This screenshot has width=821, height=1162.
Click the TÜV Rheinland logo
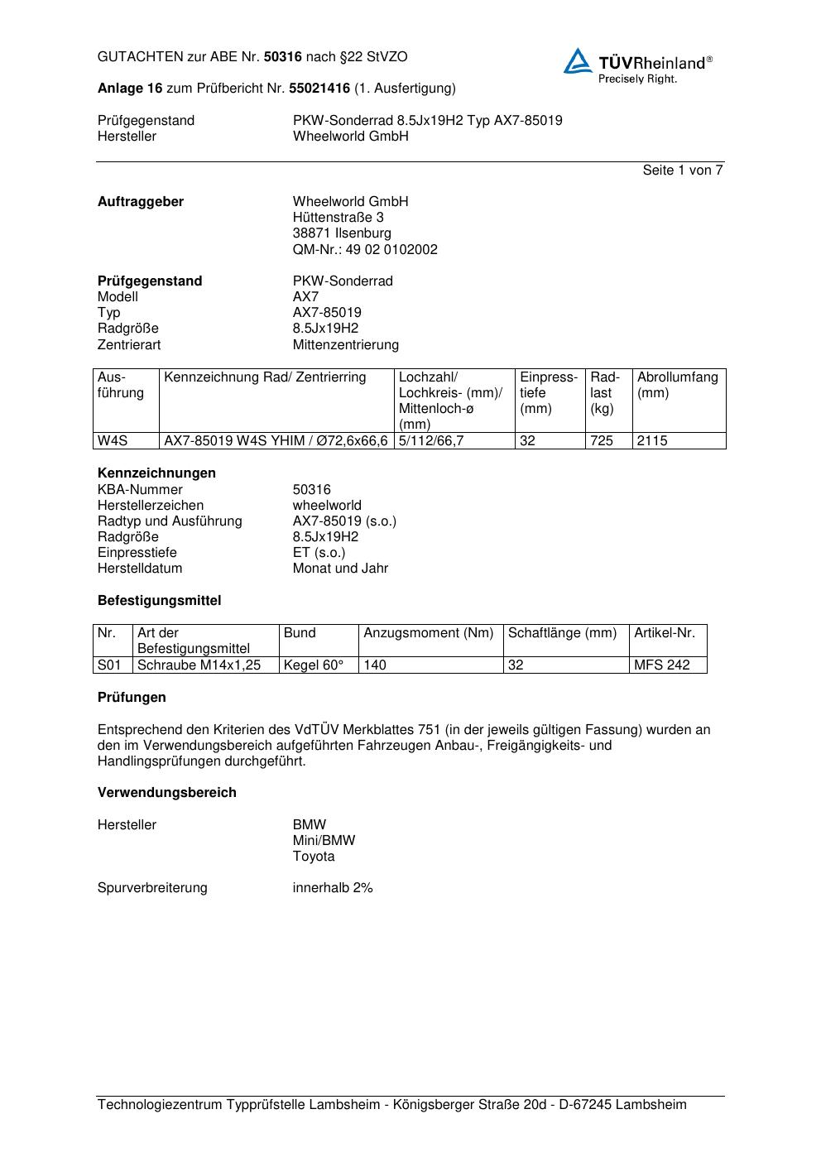(637, 65)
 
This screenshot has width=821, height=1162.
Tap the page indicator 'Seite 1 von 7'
(683, 170)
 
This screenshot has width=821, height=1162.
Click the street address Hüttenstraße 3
(338, 217)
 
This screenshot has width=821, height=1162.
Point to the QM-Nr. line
(365, 249)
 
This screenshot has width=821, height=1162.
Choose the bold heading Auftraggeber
(141, 201)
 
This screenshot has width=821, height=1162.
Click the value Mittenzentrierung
(345, 344)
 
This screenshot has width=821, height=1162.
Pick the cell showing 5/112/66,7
(431, 440)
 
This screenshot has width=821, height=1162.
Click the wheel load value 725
(602, 440)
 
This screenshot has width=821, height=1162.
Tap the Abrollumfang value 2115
(652, 440)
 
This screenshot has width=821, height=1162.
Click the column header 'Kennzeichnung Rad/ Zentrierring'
(265, 377)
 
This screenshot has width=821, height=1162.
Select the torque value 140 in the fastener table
(375, 665)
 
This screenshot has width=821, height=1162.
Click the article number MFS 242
(661, 665)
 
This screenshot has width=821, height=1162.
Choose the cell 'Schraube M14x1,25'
(199, 665)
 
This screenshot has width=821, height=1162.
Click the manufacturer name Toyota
(314, 856)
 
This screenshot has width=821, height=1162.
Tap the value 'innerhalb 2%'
(333, 887)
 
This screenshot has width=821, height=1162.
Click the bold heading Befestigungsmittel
(159, 600)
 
